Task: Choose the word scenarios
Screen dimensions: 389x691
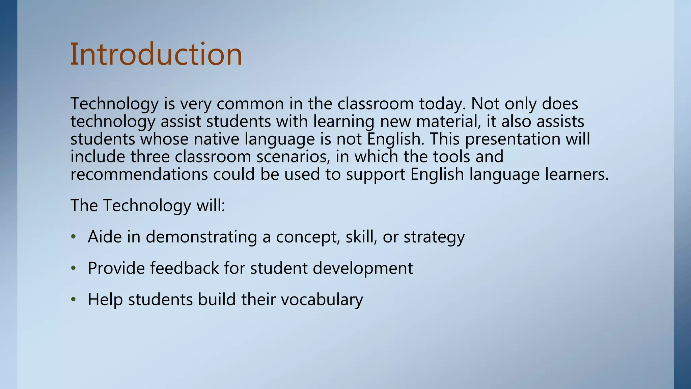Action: (293, 157)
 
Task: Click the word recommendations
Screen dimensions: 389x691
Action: (139, 174)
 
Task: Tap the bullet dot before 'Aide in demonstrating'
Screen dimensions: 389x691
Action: (74, 237)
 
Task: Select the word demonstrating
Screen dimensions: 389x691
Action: (201, 237)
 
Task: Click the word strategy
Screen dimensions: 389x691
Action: (434, 237)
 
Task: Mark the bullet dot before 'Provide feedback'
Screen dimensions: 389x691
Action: (74, 268)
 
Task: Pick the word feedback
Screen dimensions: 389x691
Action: (185, 268)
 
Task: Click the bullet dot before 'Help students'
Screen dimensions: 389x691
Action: (74, 300)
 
